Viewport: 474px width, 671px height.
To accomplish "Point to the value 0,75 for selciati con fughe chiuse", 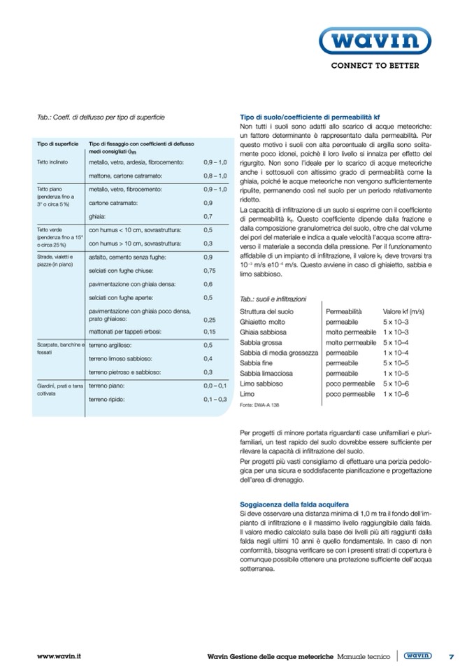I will click(209, 270).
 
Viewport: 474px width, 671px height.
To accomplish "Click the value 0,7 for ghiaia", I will click(208, 216).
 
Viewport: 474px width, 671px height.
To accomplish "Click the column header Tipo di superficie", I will click(57, 144).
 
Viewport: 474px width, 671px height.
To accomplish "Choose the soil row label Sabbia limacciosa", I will click(269, 374).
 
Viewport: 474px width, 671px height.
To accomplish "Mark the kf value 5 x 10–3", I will click(396, 321).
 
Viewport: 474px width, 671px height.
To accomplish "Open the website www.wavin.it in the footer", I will click(59, 656).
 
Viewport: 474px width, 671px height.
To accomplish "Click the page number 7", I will click(452, 656).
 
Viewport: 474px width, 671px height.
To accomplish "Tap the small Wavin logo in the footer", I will click(417, 656).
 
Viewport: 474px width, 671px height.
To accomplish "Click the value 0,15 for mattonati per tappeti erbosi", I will click(209, 331).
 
